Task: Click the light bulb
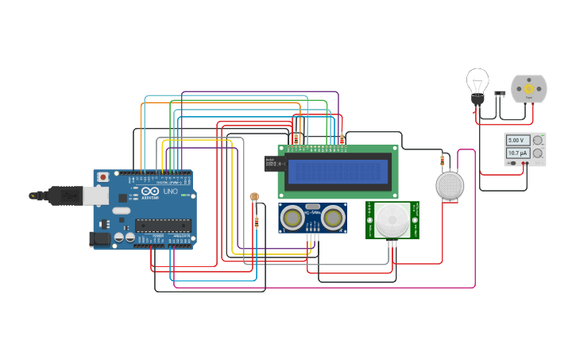pos(477,83)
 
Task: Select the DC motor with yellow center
pos(528,90)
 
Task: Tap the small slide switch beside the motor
pos(500,93)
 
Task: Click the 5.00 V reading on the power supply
pos(517,141)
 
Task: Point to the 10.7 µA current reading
pos(517,153)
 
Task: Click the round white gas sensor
pos(450,185)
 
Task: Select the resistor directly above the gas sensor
pos(443,161)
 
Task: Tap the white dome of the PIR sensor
pos(392,219)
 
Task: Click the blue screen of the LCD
pos(338,171)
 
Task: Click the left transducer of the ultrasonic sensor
pos(292,216)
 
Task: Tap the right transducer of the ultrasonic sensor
pos(331,216)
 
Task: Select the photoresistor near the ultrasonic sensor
pos(254,196)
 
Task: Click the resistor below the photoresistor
pos(256,223)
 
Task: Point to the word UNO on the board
pos(170,192)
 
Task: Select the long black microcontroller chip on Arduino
pos(163,225)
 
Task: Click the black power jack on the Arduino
pos(99,238)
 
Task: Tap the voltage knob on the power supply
pos(538,140)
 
